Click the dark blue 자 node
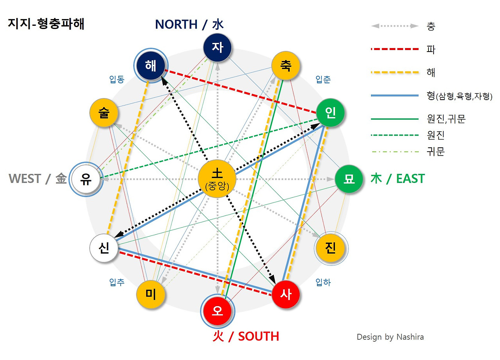pyautogui.click(x=218, y=48)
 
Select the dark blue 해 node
pyautogui.click(x=151, y=66)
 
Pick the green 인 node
pyautogui.click(x=330, y=113)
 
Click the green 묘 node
pyautogui.click(x=349, y=179)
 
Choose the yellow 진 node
pyautogui.click(x=330, y=248)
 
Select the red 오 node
pyautogui.click(x=218, y=311)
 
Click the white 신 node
pyautogui.click(x=104, y=249)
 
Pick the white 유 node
pyautogui.click(x=86, y=179)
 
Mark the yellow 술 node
pyautogui.click(x=104, y=113)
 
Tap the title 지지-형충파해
pyautogui.click(x=46, y=24)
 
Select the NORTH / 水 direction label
pyautogui.click(x=189, y=24)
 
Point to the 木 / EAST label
pyautogui.click(x=397, y=179)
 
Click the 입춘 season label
pyautogui.click(x=323, y=80)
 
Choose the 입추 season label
pyautogui.click(x=117, y=282)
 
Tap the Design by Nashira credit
pyautogui.click(x=390, y=337)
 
